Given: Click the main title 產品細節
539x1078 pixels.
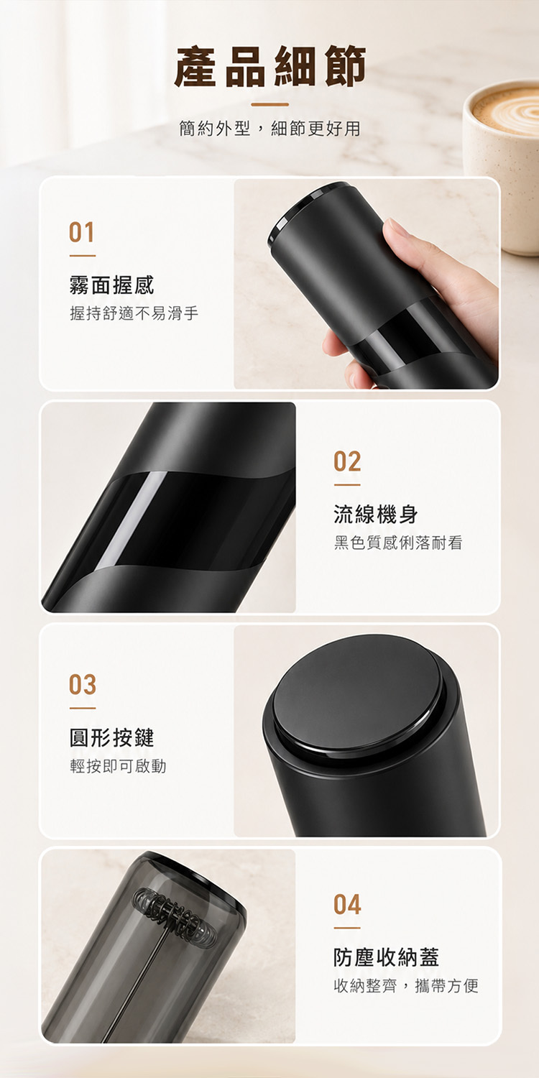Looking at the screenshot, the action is pyautogui.click(x=269, y=66).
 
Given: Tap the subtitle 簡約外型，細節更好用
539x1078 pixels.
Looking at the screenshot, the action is pyautogui.click(x=269, y=129).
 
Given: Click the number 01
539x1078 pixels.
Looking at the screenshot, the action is pyautogui.click(x=82, y=232).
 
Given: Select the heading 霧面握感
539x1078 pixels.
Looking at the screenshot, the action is pyautogui.click(x=111, y=285).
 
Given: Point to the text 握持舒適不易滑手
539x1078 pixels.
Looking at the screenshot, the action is pyautogui.click(x=134, y=314).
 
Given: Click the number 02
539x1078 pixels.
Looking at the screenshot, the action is pyautogui.click(x=347, y=461).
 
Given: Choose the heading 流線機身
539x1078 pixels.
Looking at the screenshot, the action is pyautogui.click(x=376, y=515).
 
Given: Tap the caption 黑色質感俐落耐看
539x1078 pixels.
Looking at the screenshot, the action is pyautogui.click(x=398, y=543).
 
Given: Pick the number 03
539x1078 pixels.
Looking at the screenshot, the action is pyautogui.click(x=83, y=685).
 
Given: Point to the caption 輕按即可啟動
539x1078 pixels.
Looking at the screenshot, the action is pyautogui.click(x=118, y=766).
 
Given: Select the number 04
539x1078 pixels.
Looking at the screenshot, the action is pyautogui.click(x=347, y=904).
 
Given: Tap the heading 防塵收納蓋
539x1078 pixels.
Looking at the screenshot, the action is pyautogui.click(x=387, y=957).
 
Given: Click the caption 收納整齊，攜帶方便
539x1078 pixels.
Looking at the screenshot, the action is pyautogui.click(x=406, y=985).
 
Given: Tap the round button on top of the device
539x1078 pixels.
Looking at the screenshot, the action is pyautogui.click(x=358, y=691).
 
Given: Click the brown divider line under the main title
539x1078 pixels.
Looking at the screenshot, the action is pyautogui.click(x=269, y=104).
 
